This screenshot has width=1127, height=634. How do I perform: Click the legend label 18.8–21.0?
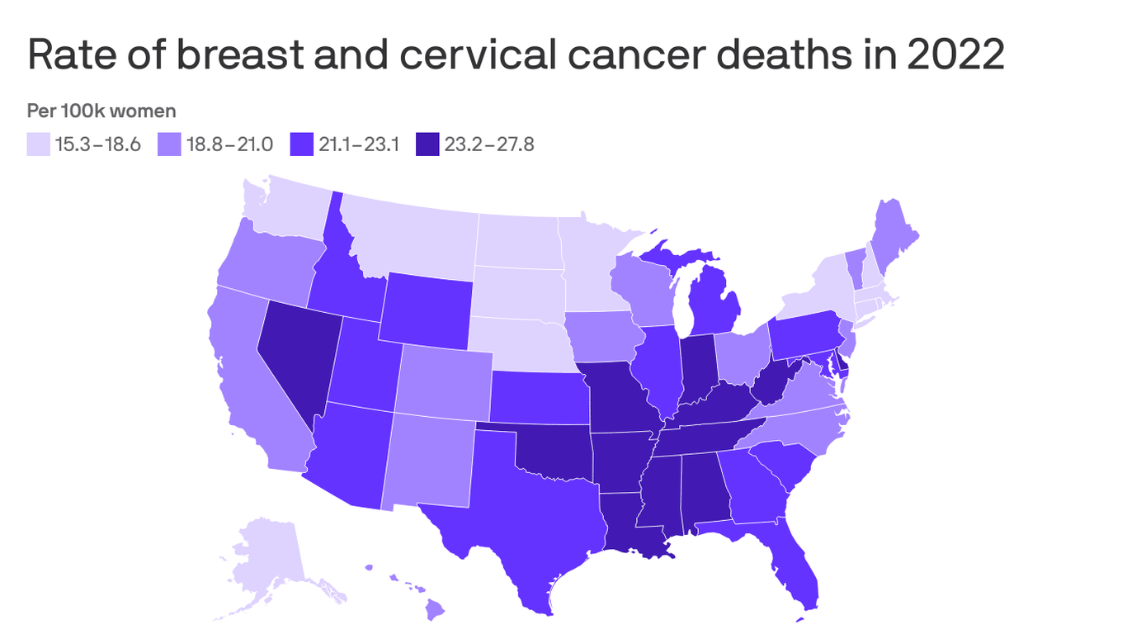point(227,144)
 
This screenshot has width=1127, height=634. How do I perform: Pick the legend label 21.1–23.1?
point(359,144)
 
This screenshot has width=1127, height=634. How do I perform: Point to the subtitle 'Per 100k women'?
point(101,111)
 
